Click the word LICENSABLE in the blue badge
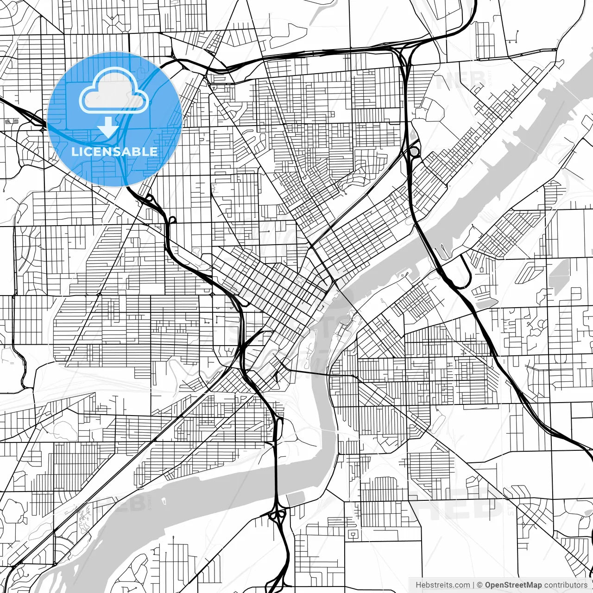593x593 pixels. [114, 151]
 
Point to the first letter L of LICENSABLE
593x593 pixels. [74, 151]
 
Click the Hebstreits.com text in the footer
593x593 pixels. [442, 585]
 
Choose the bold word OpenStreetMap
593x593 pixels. [513, 585]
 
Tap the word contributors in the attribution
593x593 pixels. [566, 585]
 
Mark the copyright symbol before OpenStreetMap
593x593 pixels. [480, 585]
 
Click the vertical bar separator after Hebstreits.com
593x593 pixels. [473, 585]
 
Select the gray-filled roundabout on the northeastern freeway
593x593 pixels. [414, 151]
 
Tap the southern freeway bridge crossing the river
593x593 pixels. [276, 482]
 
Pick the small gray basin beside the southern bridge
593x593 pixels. [296, 499]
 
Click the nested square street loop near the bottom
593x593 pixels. [353, 534]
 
